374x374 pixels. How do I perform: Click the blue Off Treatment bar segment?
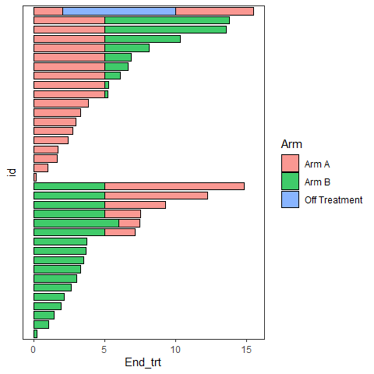coord(119,12)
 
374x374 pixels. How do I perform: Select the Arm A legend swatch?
coord(290,164)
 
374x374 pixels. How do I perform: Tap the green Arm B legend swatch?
coord(290,182)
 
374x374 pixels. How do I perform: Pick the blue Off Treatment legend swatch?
coord(290,199)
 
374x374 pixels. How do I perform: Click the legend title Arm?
coord(291,144)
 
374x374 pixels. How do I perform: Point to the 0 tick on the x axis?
coord(34,350)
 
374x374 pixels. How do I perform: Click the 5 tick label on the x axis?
coord(104,350)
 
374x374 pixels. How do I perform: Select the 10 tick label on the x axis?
coord(175,350)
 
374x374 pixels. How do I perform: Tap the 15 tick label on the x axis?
coord(246,350)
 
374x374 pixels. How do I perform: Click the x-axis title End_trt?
coord(143,362)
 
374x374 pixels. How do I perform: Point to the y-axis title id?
coord(12,172)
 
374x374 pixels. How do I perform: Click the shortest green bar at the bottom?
coord(36,333)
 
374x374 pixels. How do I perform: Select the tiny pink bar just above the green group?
coord(35,177)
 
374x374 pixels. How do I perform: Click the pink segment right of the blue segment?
coord(214,12)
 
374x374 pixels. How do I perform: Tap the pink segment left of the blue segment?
coord(48,12)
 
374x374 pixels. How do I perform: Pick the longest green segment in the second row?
coord(167,20)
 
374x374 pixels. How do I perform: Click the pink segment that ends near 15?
coord(175,186)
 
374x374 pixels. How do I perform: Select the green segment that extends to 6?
coord(76,223)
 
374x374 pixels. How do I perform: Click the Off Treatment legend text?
coord(333,199)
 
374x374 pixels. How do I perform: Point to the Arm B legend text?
coord(317,182)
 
